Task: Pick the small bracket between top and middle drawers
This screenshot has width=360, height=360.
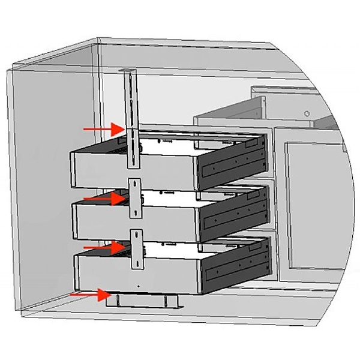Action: tap(135, 198)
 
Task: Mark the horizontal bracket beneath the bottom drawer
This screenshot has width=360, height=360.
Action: tap(144, 301)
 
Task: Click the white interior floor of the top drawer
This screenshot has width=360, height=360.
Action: tap(180, 144)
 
